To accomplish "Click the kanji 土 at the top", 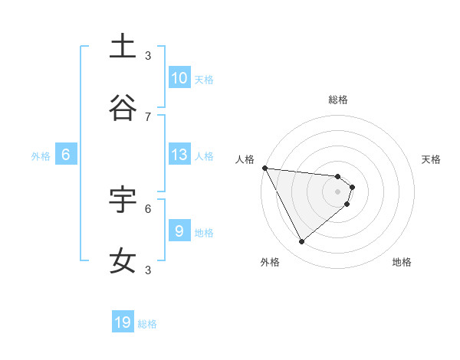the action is point(123,47).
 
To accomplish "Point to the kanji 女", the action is point(123,260).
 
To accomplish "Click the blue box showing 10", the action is point(179,78).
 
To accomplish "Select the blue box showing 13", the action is point(179,155).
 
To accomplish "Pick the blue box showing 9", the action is point(179,231).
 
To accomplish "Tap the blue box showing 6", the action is point(66,155).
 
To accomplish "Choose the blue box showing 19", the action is point(123,322).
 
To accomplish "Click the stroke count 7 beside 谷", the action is point(148,116).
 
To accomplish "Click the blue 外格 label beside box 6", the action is point(41,155).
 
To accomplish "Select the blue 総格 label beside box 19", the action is point(147,324).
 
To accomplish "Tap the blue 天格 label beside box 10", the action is point(204,79).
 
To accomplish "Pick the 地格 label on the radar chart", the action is point(402,262).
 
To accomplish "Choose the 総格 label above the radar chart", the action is point(338,100).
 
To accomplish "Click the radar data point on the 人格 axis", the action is point(264,168).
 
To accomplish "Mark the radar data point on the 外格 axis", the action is point(301,241).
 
